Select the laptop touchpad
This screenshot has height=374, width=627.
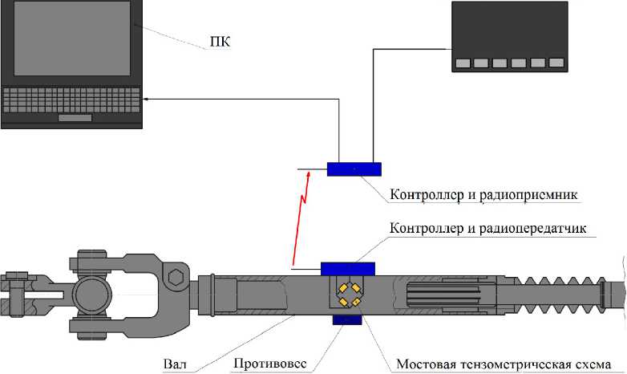pos(75,118)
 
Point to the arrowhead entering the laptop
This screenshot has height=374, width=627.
pos(147,99)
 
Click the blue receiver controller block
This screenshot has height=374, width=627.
pos(354,169)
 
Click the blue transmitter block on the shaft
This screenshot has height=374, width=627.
pos(347,269)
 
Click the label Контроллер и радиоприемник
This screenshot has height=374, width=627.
pos(484,195)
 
